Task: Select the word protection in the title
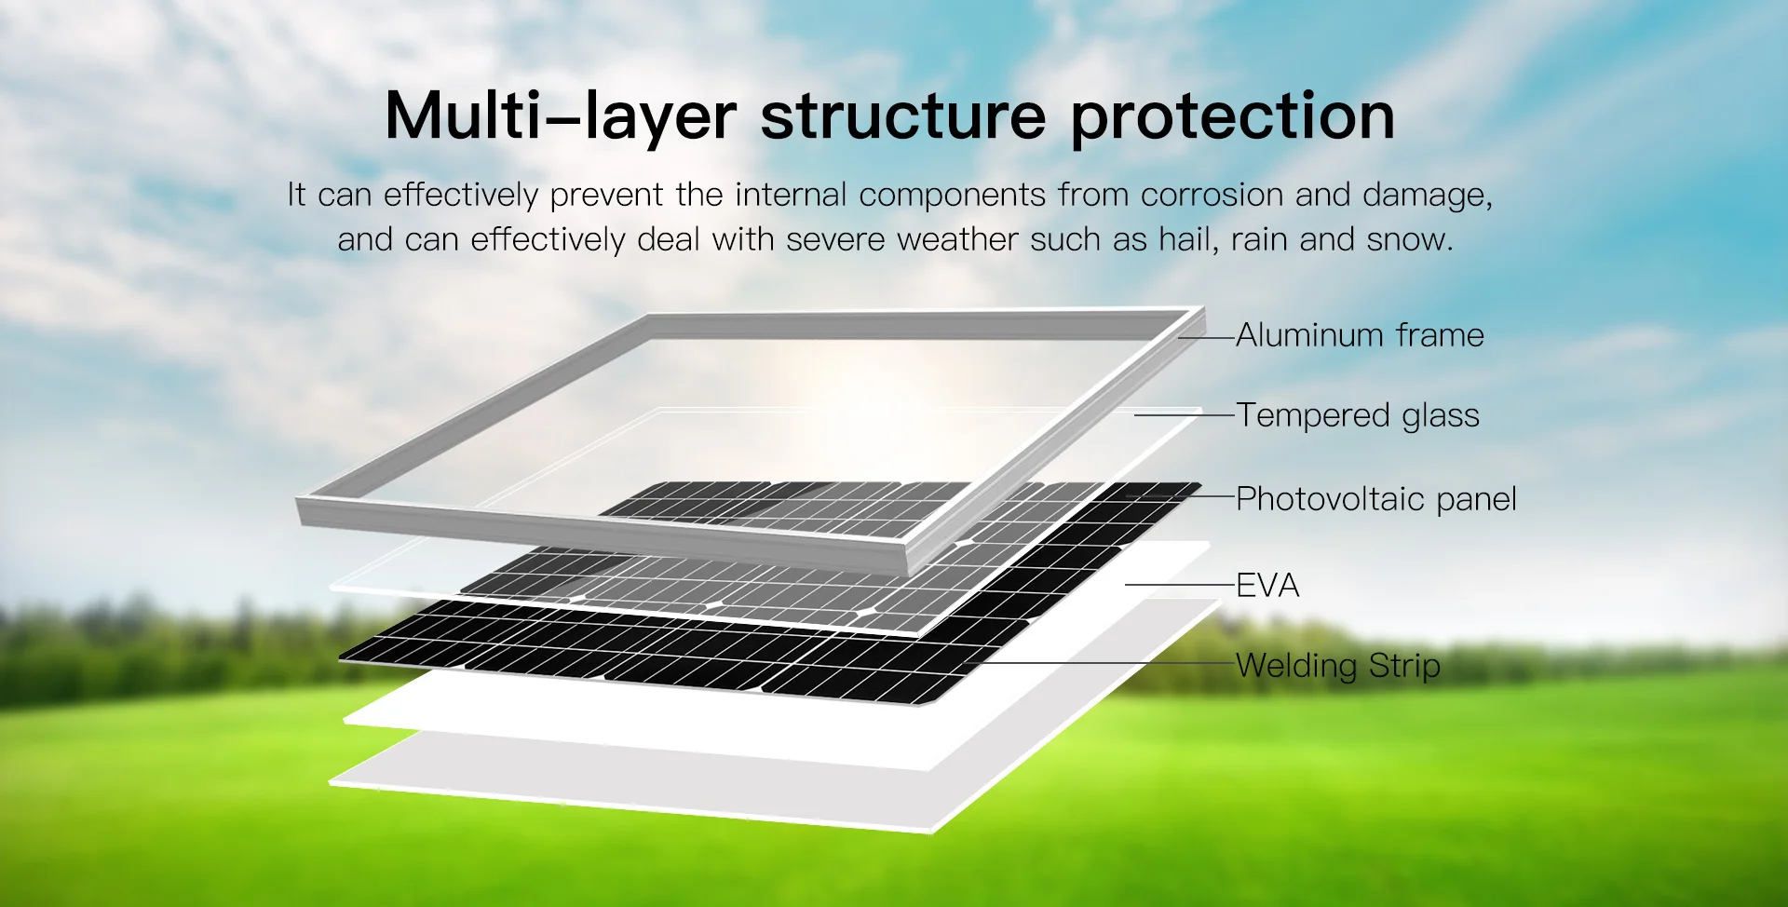[x=1232, y=117]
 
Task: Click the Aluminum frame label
[x=1360, y=335]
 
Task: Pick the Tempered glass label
[x=1357, y=415]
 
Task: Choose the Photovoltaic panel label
[x=1375, y=499]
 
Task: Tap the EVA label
[x=1266, y=586]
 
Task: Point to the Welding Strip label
[x=1337, y=666]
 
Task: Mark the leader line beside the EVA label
[x=1179, y=585]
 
